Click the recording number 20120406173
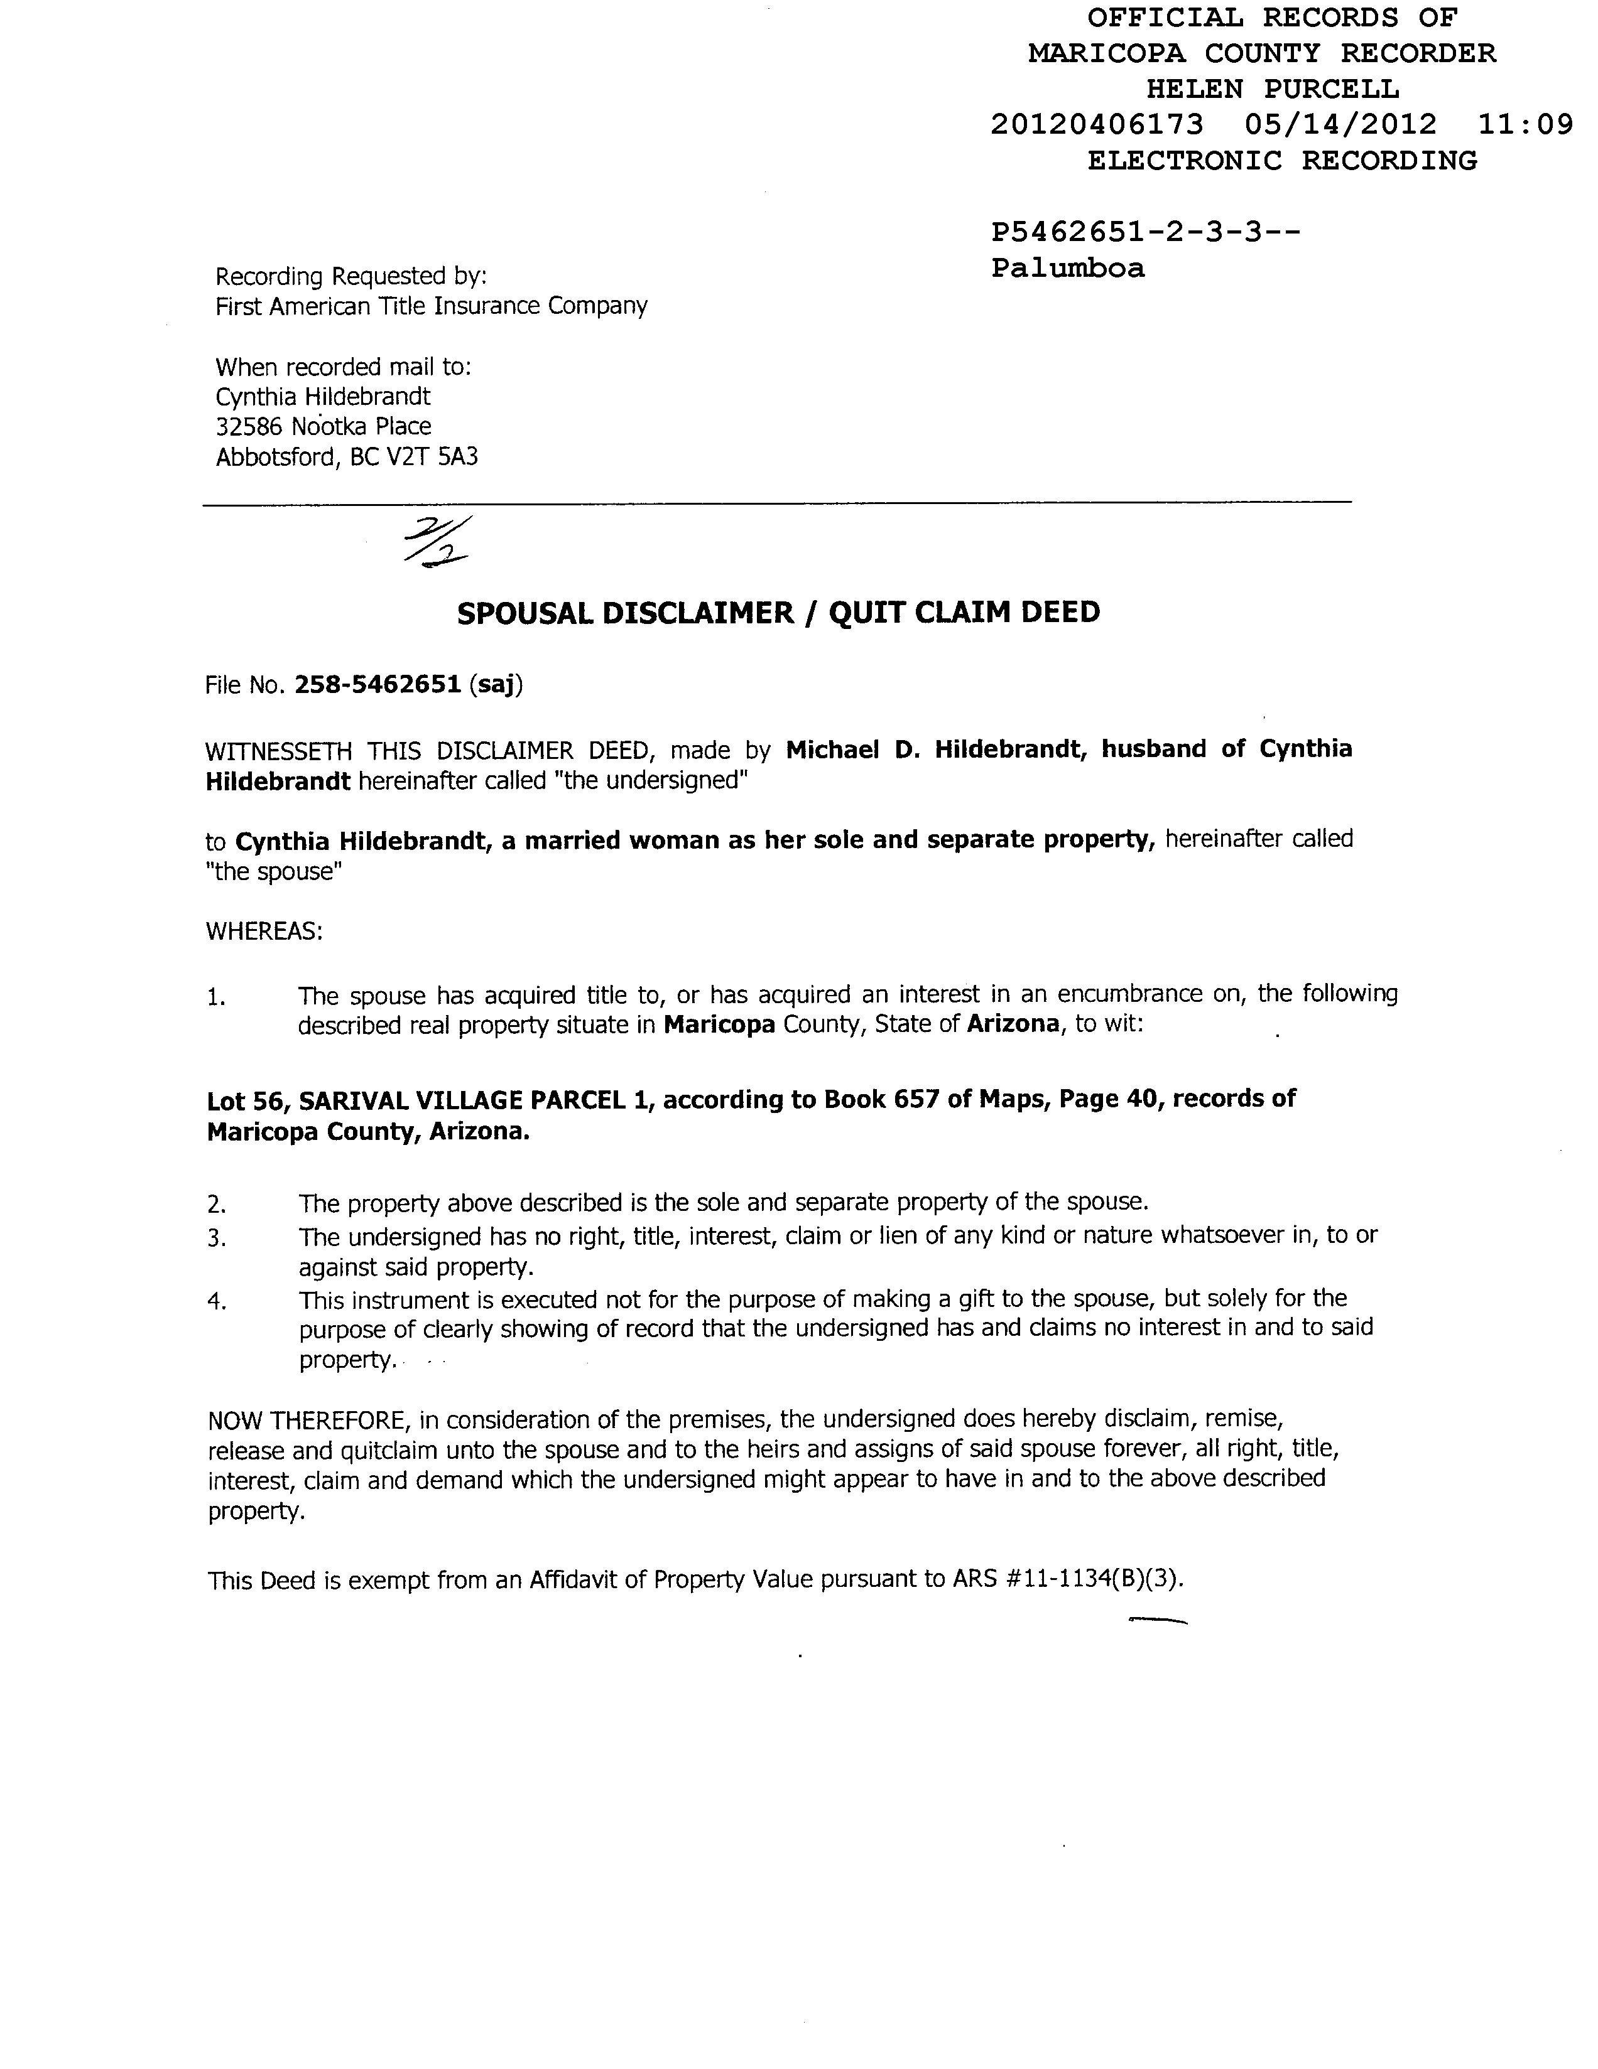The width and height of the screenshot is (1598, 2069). [1097, 124]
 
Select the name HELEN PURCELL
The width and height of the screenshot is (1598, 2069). [1272, 89]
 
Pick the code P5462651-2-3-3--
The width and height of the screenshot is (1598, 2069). [1145, 232]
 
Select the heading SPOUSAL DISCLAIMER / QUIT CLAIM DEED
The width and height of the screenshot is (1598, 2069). [778, 613]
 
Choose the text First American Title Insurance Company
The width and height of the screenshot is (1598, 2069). [432, 306]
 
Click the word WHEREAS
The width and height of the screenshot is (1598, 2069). [263, 932]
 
